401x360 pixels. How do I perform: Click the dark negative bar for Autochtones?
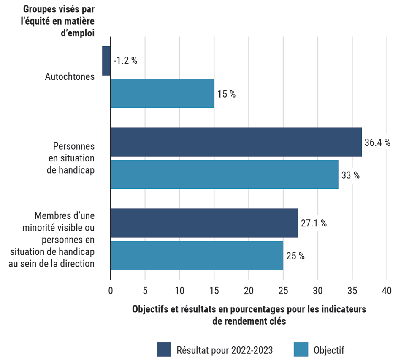coord(106,61)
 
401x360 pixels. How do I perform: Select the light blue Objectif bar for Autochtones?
coord(162,93)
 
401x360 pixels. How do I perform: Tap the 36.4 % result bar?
coord(236,142)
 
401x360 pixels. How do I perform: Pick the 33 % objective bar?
coord(224,174)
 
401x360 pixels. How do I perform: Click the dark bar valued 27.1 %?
coord(204,223)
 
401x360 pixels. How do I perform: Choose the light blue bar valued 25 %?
coord(197,255)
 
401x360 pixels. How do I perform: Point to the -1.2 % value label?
coord(125,60)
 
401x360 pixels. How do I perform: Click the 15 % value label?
coord(226,94)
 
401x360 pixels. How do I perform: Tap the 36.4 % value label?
coord(377,142)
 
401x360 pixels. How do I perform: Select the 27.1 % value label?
coord(313,224)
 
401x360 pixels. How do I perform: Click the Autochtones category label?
coord(70,77)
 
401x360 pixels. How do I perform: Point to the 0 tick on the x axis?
coord(111,291)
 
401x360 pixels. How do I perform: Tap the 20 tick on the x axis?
coord(249,291)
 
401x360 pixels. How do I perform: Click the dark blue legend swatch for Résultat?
coord(164,349)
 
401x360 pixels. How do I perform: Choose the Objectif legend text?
coord(329,350)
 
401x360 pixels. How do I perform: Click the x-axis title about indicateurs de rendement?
coord(249,315)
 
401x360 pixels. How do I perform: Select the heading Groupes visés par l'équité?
coord(59,21)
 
